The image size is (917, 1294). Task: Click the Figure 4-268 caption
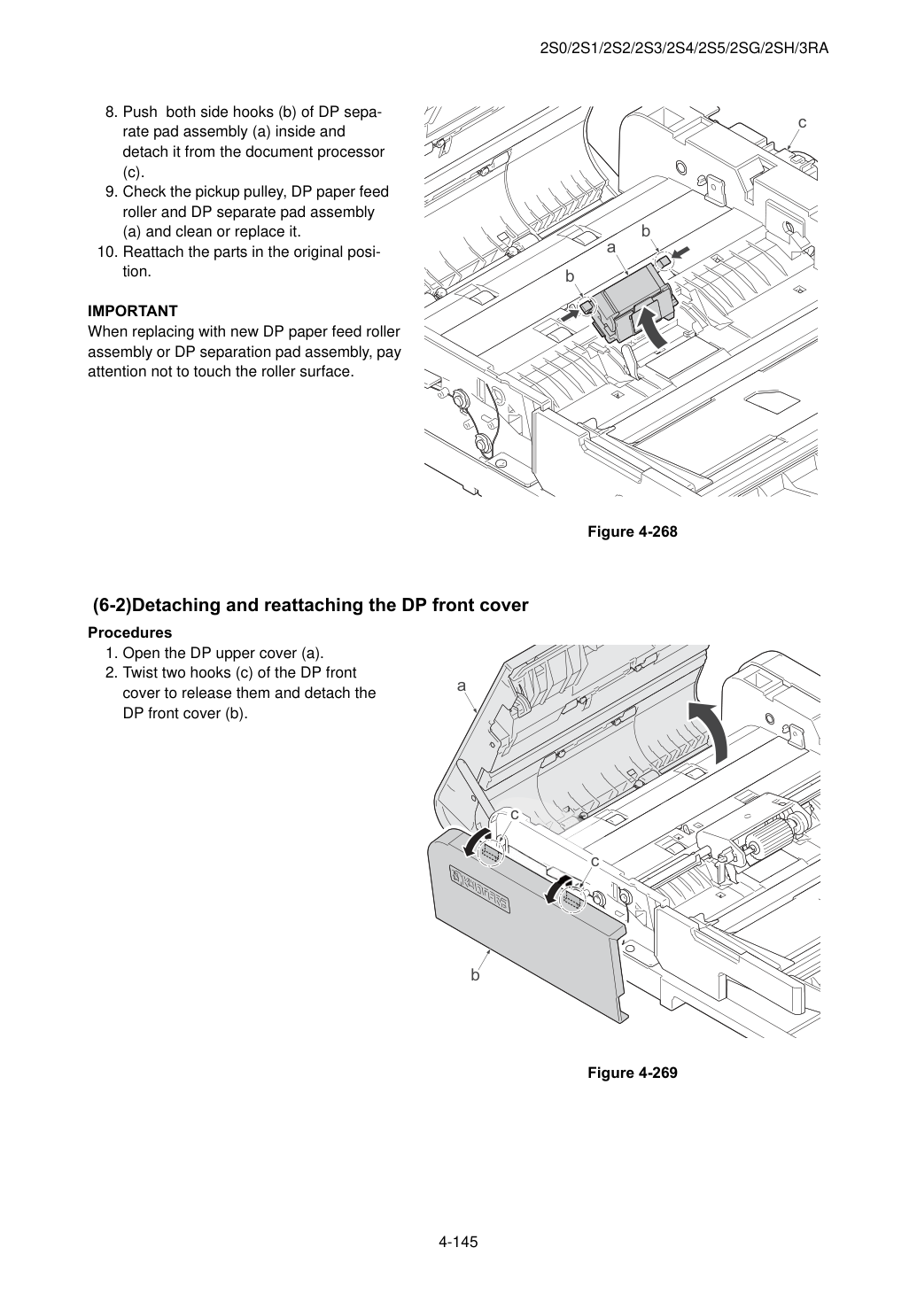click(632, 531)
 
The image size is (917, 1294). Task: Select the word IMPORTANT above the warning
click(132, 311)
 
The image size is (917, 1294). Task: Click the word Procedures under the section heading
click(130, 632)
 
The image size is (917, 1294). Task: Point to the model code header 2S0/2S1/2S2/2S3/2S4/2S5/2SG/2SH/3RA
click(684, 49)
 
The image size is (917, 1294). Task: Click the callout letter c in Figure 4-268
click(802, 122)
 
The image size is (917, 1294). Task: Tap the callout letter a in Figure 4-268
click(610, 247)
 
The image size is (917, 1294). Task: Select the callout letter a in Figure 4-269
click(461, 686)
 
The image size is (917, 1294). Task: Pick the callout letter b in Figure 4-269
click(475, 975)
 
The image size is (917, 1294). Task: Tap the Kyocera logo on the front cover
click(479, 887)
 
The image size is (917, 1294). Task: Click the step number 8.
click(111, 112)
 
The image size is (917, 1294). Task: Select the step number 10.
click(107, 252)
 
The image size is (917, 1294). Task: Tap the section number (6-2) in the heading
click(113, 606)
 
